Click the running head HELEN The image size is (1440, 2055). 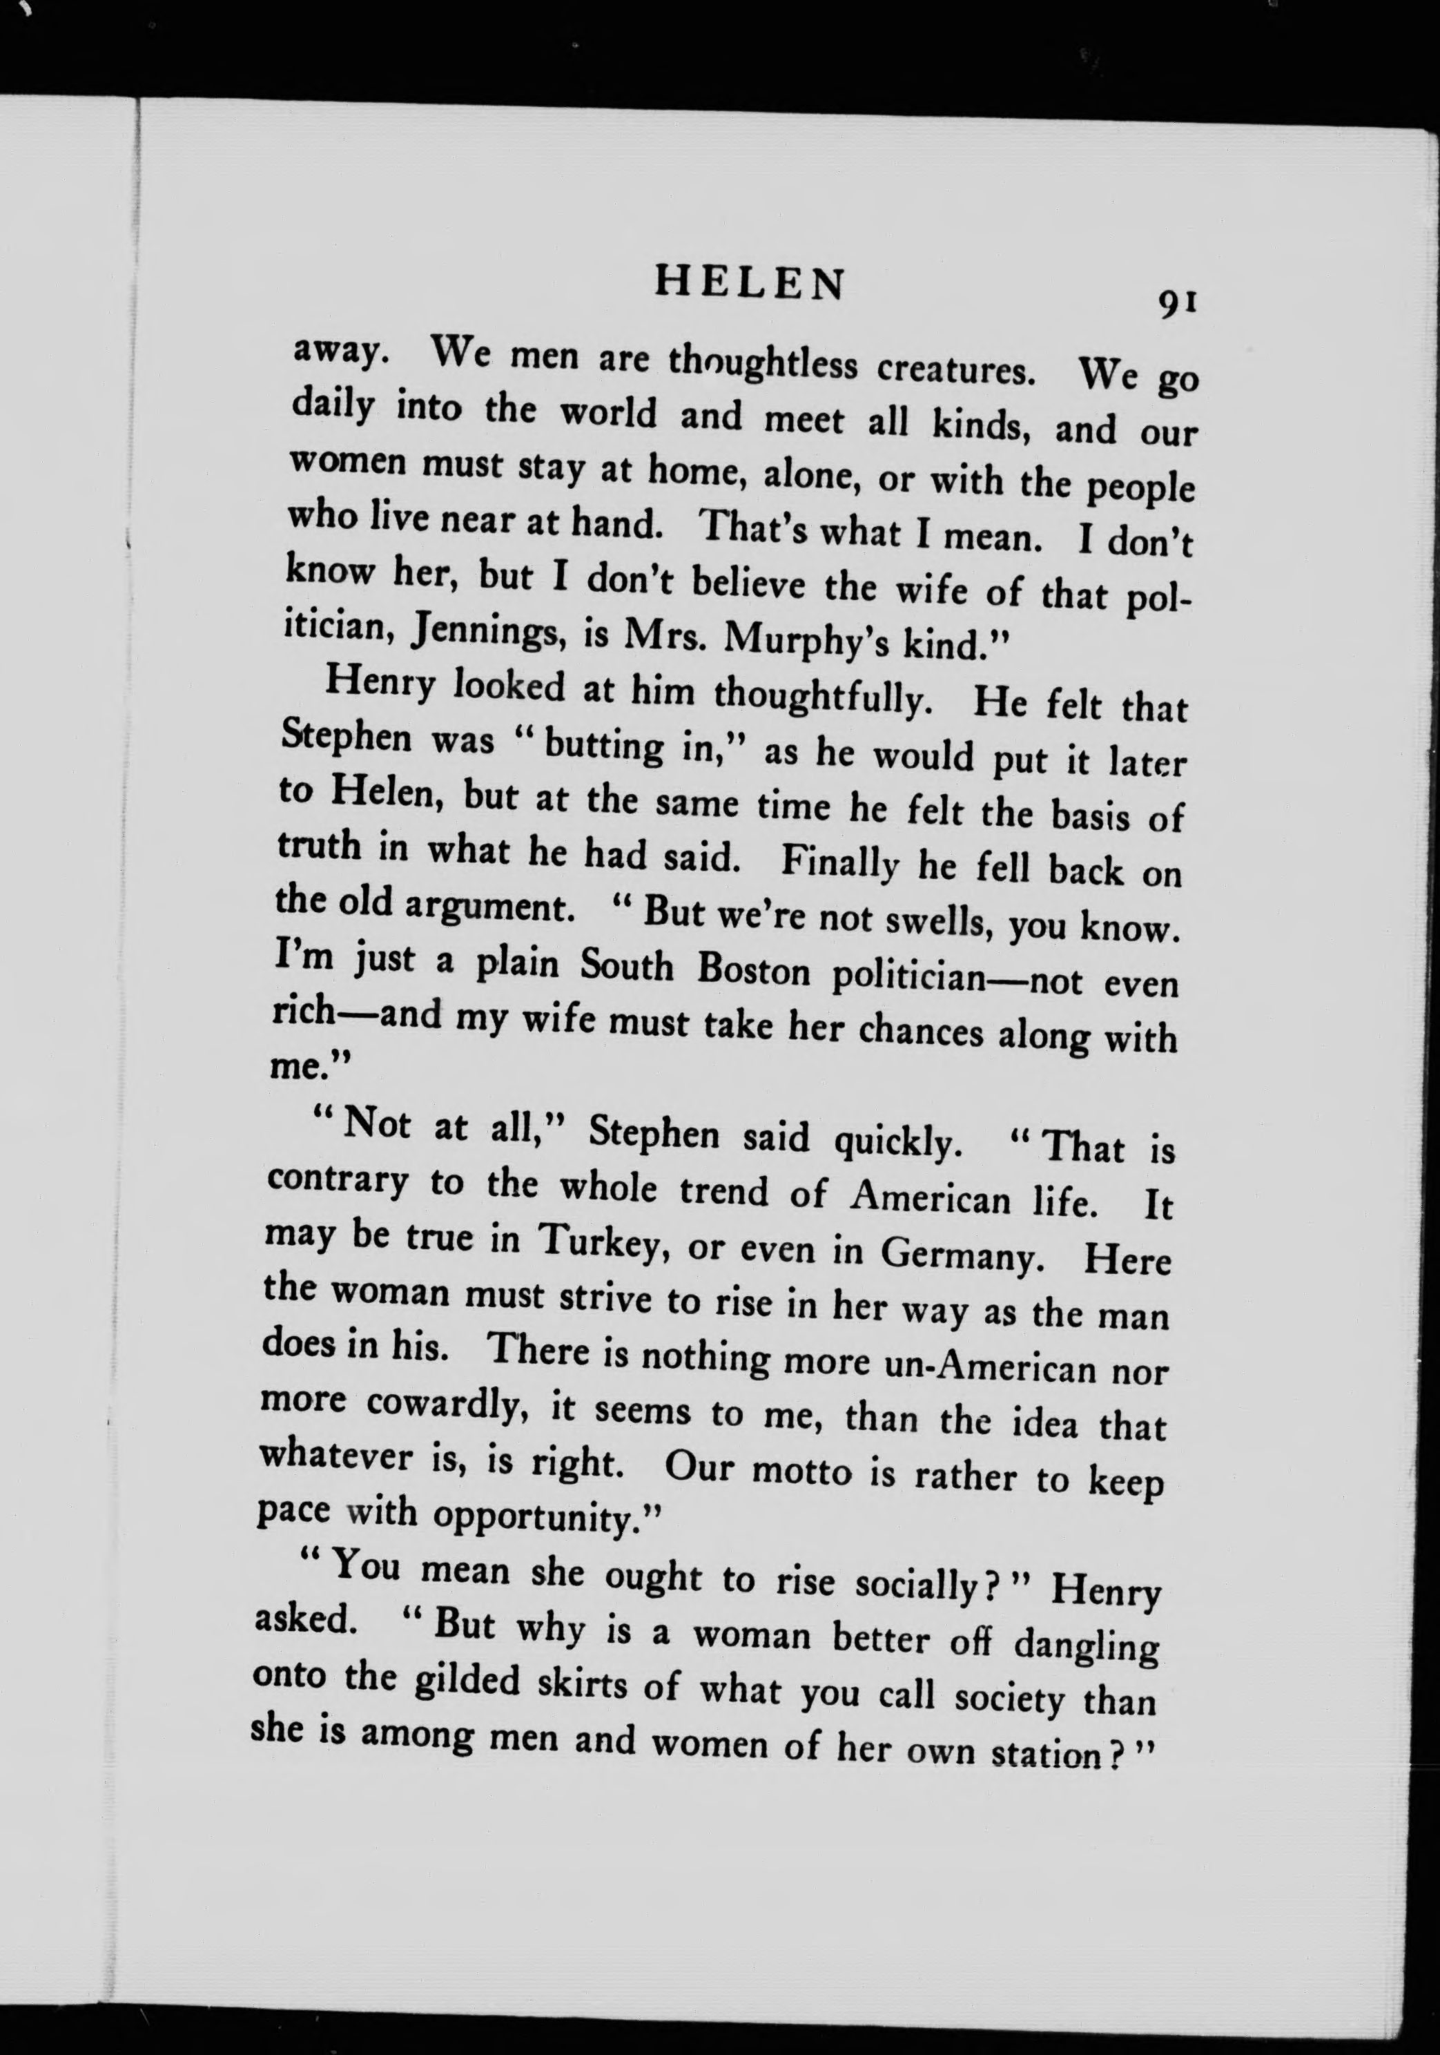(749, 284)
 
